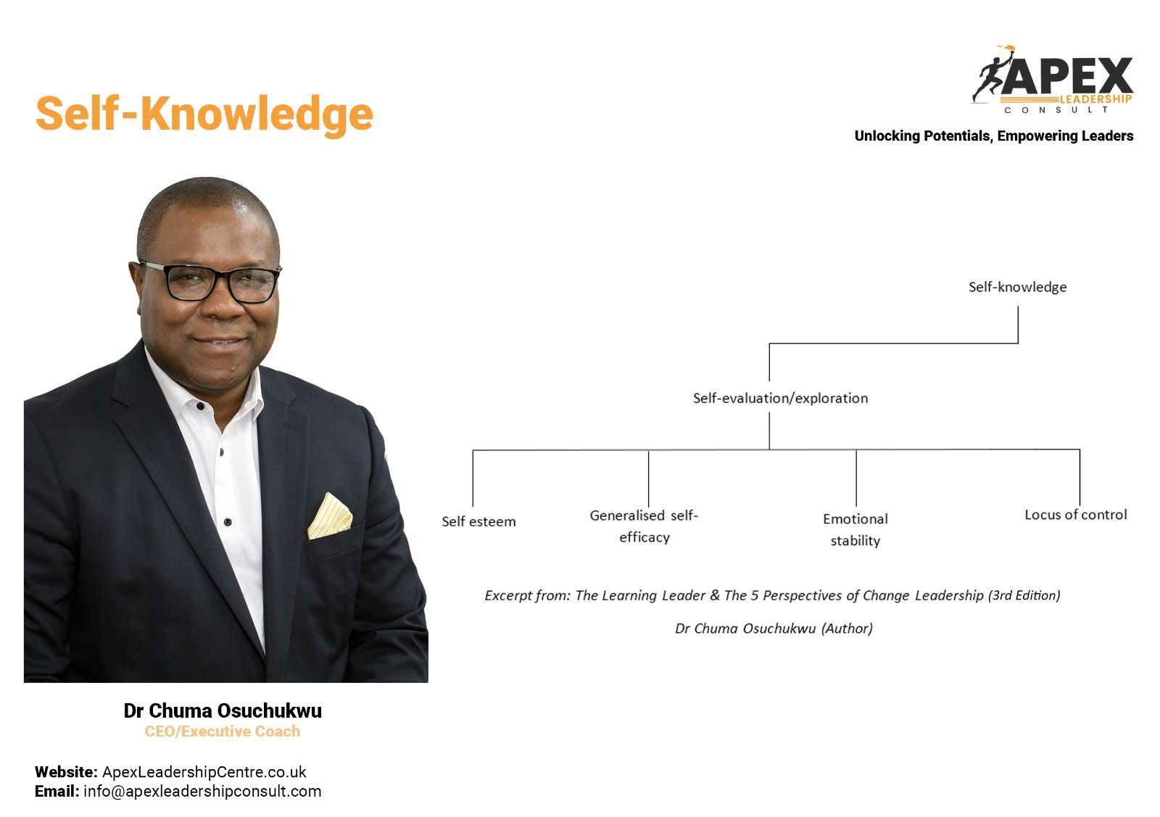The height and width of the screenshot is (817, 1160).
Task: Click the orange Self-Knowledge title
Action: point(204,115)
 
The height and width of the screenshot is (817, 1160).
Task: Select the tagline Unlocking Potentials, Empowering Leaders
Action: point(994,136)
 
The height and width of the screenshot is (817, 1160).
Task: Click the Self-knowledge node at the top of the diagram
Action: point(1018,287)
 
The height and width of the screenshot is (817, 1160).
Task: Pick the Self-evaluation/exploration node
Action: point(780,398)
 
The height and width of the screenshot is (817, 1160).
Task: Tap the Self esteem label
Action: point(478,521)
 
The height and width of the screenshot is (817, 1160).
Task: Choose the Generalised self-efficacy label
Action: point(645,526)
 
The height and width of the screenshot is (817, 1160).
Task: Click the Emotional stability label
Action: point(855,530)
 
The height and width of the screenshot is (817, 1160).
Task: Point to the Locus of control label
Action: point(1076,515)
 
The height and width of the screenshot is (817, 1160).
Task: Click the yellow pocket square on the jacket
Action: point(330,516)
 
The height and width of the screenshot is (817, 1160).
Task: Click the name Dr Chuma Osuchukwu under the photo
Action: point(223,711)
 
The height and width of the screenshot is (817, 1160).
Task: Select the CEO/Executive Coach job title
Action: point(222,731)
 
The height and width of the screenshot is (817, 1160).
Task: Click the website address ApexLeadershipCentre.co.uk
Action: point(204,772)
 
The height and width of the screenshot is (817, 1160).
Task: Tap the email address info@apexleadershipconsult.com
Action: point(202,792)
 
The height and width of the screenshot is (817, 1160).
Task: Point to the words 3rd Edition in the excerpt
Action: point(1024,595)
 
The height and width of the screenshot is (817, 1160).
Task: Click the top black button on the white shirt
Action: point(200,407)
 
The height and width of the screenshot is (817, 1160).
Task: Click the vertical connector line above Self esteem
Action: point(473,478)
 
